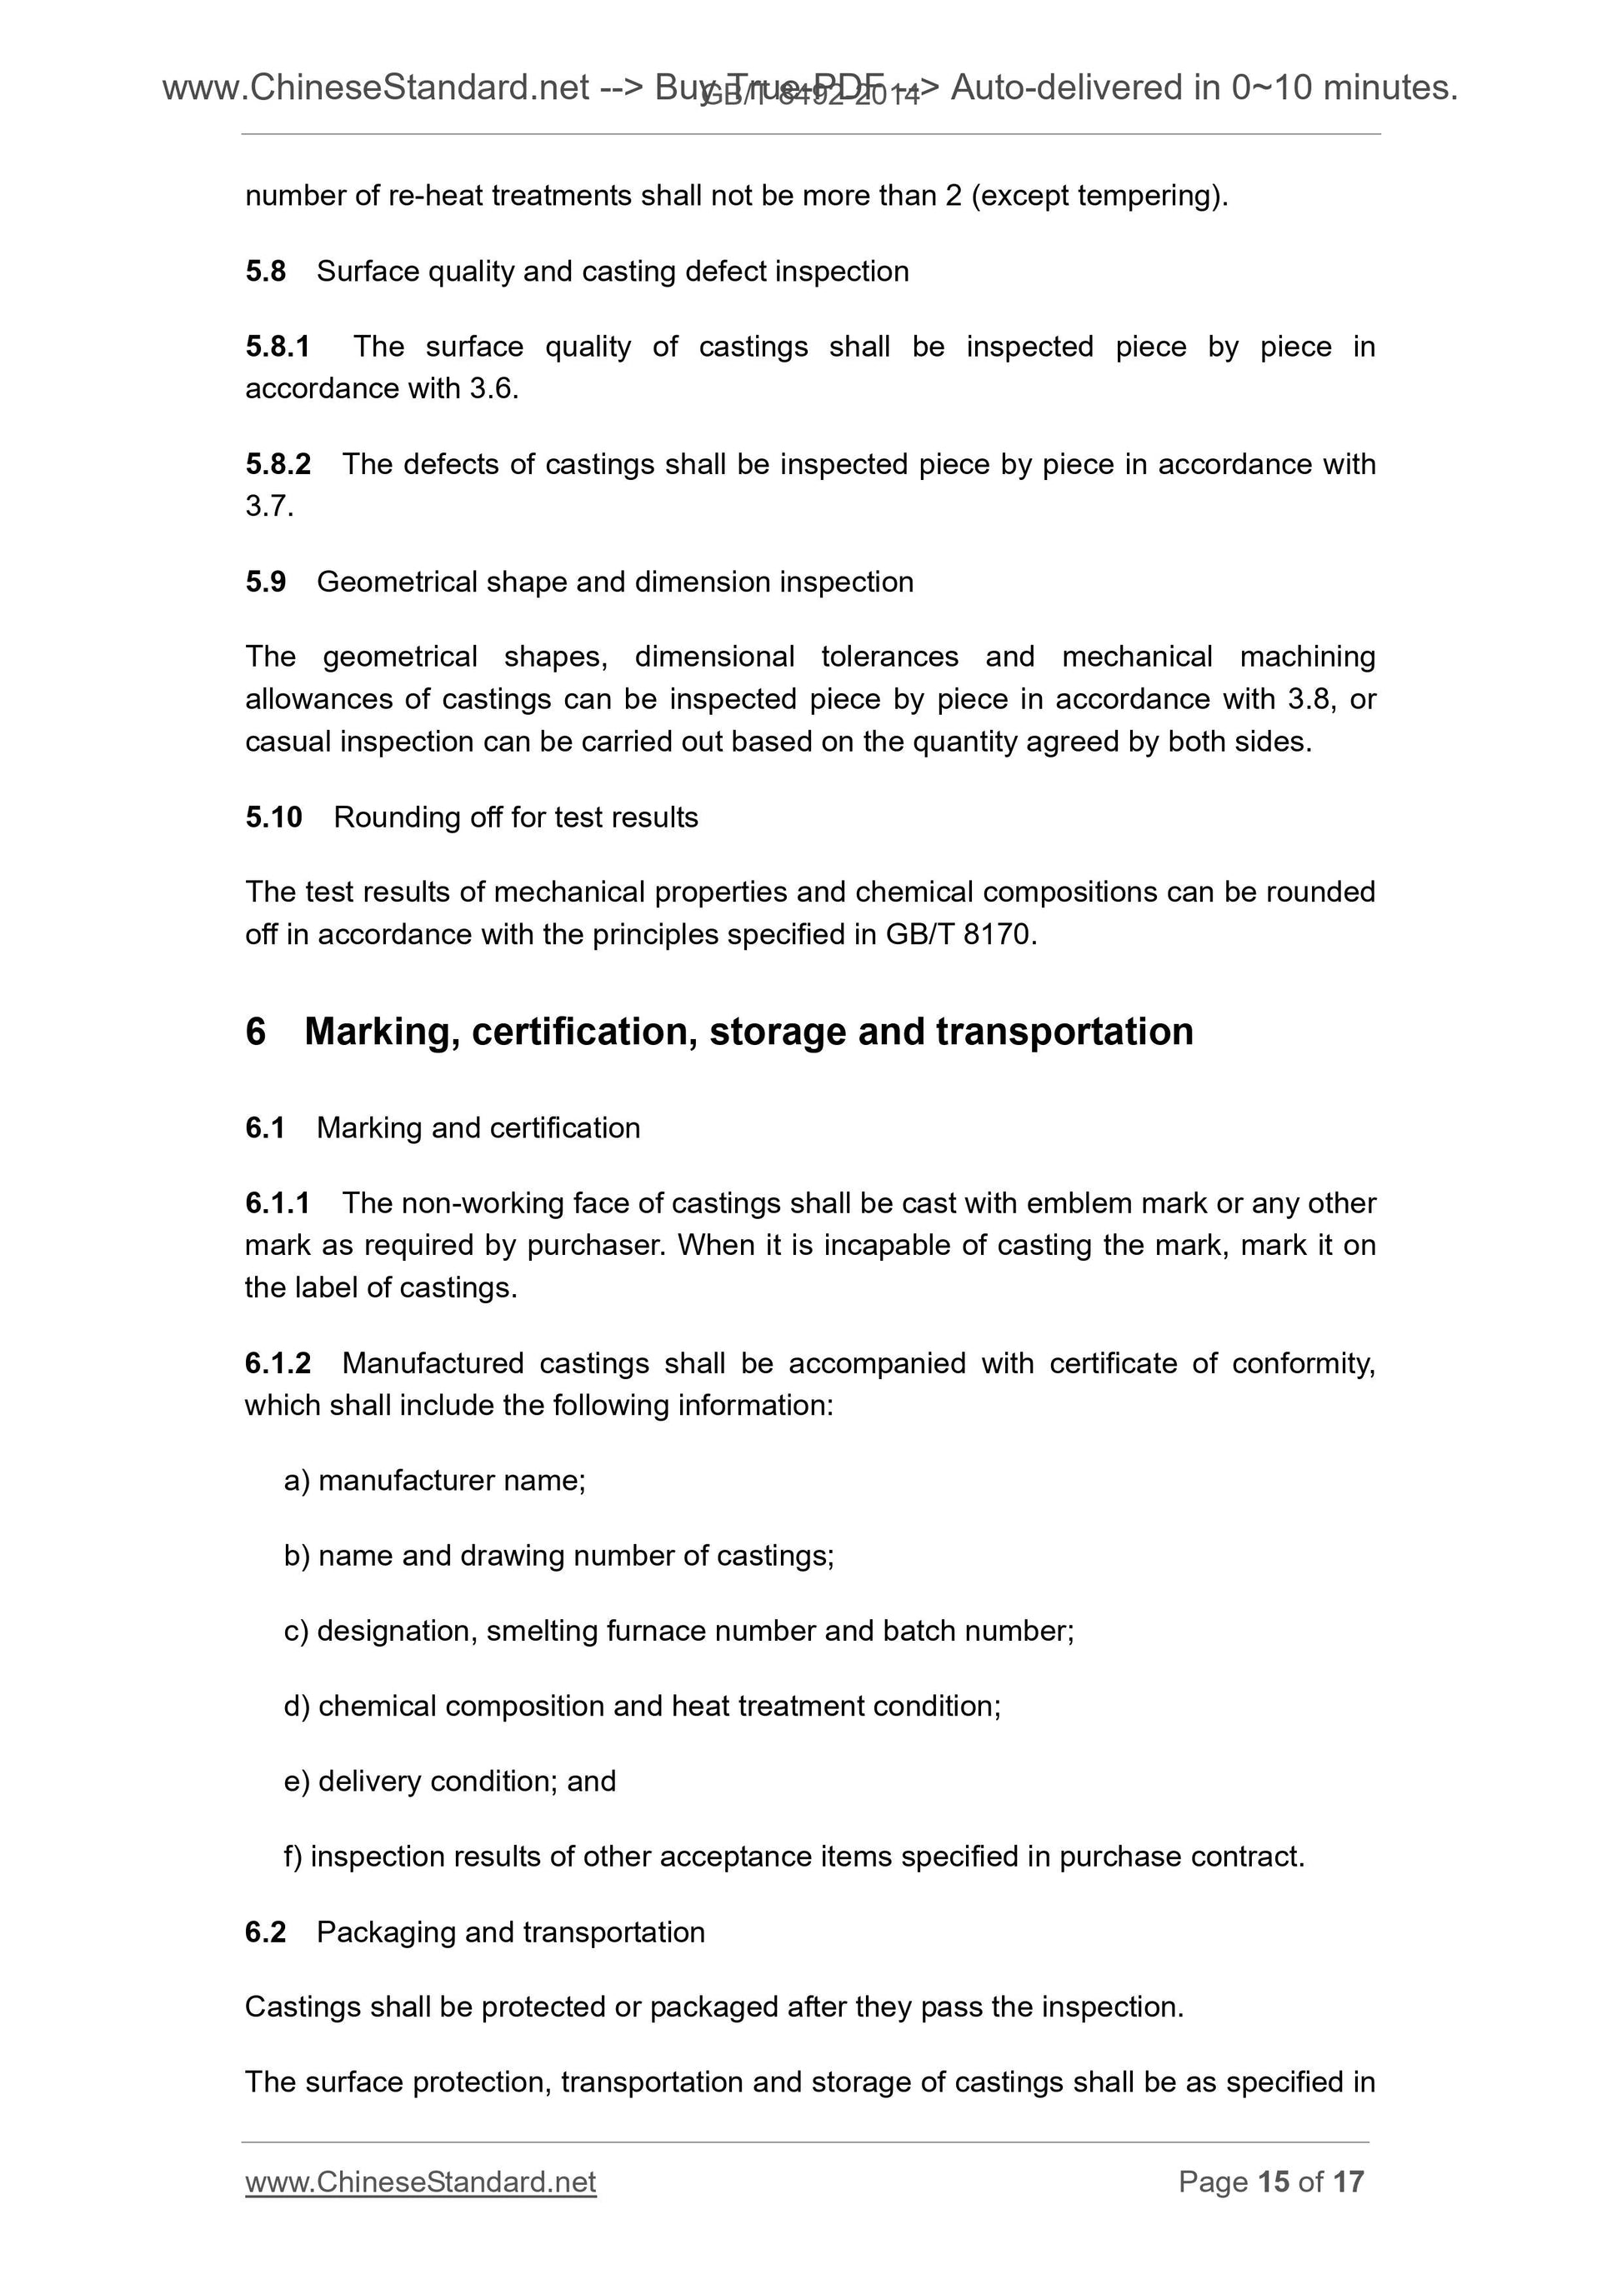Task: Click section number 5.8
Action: point(265,272)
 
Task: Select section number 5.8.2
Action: point(278,465)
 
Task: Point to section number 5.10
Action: point(273,817)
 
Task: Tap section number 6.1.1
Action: point(277,1203)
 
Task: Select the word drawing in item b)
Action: point(513,1556)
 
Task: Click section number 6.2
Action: point(265,1932)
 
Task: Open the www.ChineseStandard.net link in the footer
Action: point(421,2182)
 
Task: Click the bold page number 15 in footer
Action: point(1274,2182)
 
